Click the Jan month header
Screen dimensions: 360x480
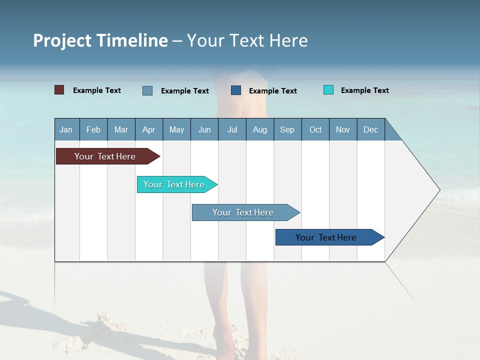pos(66,129)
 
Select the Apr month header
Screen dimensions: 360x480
pos(149,129)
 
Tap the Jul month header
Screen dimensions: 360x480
pos(232,129)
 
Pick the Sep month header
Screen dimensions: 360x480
pos(287,129)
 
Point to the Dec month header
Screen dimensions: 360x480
pos(370,129)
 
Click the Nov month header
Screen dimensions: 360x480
pos(343,129)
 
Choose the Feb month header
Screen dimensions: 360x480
pos(93,129)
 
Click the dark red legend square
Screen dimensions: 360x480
pos(59,90)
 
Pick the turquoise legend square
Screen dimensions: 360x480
pos(328,90)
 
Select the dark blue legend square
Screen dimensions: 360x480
pos(236,90)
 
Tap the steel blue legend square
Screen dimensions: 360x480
pos(147,90)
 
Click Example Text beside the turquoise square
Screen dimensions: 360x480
pos(364,90)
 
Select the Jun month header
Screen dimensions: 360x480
pos(204,129)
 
